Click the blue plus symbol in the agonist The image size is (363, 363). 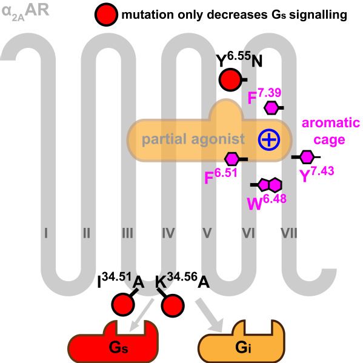tap(267, 139)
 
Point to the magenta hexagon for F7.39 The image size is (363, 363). tap(272, 108)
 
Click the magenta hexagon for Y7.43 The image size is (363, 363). tap(307, 157)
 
